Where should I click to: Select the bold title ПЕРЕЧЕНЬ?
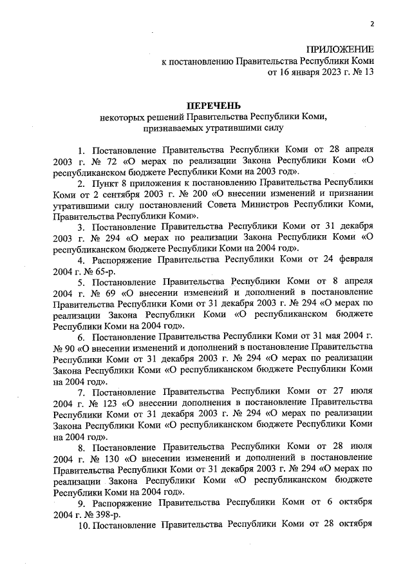click(x=214, y=105)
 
